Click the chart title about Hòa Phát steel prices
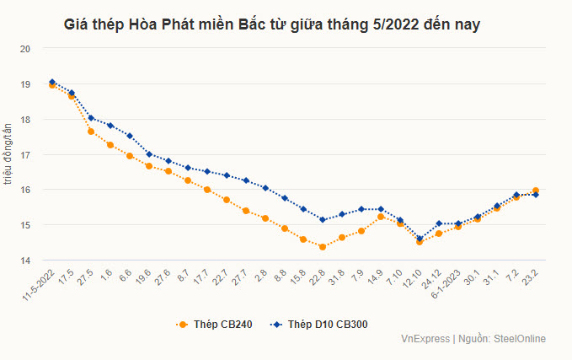(272, 26)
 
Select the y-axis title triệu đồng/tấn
(8, 154)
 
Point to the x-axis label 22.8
(318, 277)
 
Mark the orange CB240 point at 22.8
(322, 247)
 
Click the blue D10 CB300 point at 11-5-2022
(52, 82)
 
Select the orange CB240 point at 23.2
(536, 191)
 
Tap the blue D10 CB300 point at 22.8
(322, 220)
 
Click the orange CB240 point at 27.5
(91, 132)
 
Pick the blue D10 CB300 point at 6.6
(130, 136)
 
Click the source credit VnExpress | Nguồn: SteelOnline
(473, 339)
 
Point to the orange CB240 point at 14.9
(381, 217)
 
